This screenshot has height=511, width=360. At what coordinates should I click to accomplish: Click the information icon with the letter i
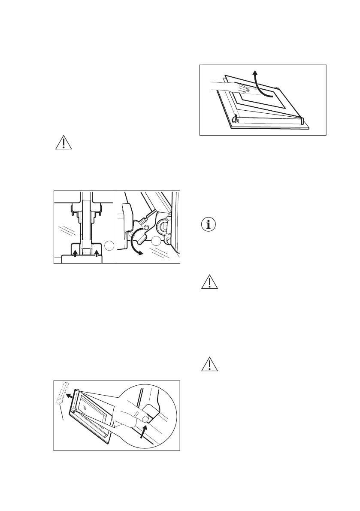[209, 225]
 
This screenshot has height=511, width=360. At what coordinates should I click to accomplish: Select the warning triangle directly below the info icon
[209, 283]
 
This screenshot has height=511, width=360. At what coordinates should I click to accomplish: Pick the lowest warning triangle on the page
[209, 364]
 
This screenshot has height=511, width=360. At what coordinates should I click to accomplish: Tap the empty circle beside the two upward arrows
[110, 246]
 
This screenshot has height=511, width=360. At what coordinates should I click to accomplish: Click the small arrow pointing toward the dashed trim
[69, 394]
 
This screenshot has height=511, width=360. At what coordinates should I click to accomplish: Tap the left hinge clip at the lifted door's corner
[234, 121]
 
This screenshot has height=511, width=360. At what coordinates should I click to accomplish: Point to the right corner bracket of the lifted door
[303, 121]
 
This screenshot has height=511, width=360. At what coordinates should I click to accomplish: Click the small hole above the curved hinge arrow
[146, 227]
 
